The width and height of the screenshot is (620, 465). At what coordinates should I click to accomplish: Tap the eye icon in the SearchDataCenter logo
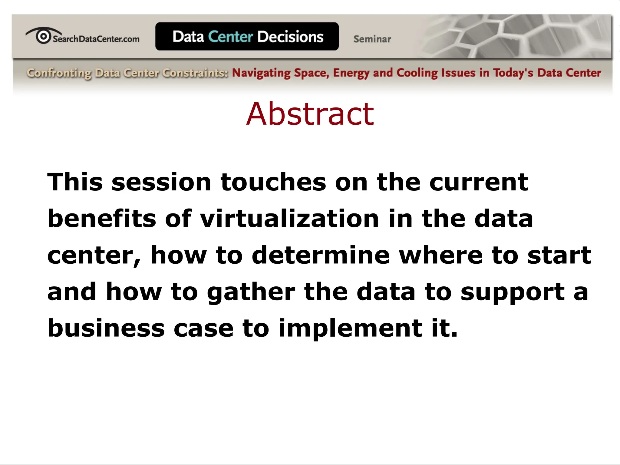(43, 36)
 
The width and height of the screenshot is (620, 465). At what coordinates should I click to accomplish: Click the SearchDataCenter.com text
(96, 39)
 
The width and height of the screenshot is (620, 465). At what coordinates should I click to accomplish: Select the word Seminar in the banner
(372, 39)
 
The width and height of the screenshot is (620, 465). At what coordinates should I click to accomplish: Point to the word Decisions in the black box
(290, 37)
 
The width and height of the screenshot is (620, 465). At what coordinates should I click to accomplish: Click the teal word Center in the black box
(230, 37)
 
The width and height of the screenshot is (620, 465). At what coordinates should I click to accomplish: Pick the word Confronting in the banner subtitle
(59, 73)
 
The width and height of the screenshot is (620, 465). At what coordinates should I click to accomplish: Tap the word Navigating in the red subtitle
(261, 73)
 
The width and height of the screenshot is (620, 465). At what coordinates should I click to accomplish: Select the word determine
(321, 255)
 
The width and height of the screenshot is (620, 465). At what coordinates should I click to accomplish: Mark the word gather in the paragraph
(251, 292)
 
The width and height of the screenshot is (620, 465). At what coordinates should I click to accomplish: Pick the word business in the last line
(106, 328)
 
